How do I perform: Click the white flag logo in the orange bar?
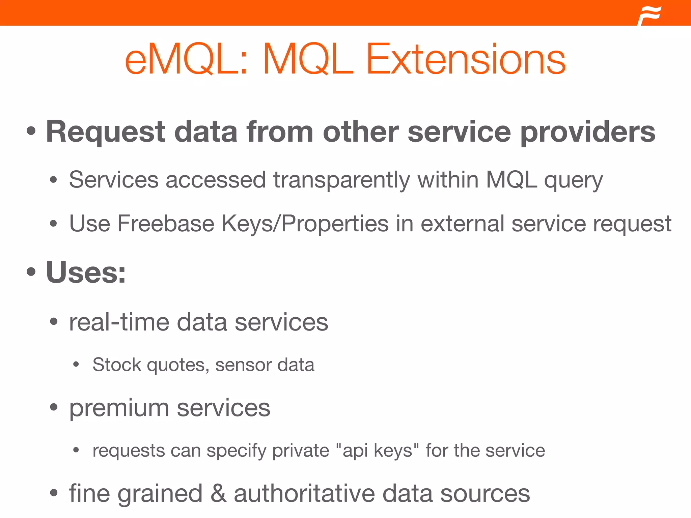pyautogui.click(x=649, y=16)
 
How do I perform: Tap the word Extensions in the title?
pyautogui.click(x=466, y=59)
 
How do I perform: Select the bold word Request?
pyautogui.click(x=106, y=132)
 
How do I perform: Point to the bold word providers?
pyautogui.click(x=588, y=132)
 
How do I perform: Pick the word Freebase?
pyautogui.click(x=165, y=224)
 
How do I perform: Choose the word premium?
pyautogui.click(x=119, y=408)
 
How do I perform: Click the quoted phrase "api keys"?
pyautogui.click(x=377, y=451)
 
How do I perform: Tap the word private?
pyautogui.click(x=300, y=451)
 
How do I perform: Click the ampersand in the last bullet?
pyautogui.click(x=218, y=494)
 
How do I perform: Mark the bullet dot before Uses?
pyautogui.click(x=31, y=272)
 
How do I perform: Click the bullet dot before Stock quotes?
pyautogui.click(x=76, y=365)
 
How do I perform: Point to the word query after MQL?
pyautogui.click(x=573, y=180)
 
